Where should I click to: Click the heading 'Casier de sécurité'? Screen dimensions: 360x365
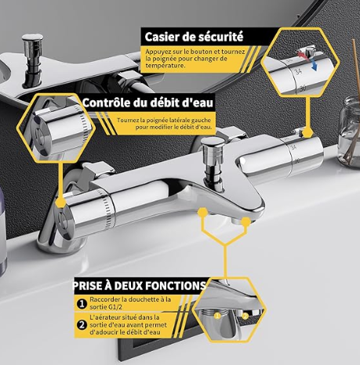coord(194,37)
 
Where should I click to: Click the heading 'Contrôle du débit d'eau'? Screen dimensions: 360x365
coord(148,103)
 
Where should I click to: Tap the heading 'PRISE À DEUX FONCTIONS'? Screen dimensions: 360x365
coord(140,286)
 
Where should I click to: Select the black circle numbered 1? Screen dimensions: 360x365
coord(82,304)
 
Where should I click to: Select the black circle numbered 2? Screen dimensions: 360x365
coord(82,325)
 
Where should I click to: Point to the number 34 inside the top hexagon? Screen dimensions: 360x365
coord(298,71)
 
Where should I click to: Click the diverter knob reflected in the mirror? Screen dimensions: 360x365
coord(32,60)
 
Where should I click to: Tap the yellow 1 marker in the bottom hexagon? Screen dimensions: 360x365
coord(217,316)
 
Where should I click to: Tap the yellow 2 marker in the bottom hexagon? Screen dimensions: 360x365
coord(245,316)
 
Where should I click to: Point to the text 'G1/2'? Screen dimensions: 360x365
coord(115,307)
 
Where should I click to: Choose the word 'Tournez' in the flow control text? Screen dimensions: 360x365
coord(128,121)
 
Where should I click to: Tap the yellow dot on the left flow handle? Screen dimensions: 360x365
coord(61,202)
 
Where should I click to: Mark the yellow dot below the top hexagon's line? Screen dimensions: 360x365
coord(308,132)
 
